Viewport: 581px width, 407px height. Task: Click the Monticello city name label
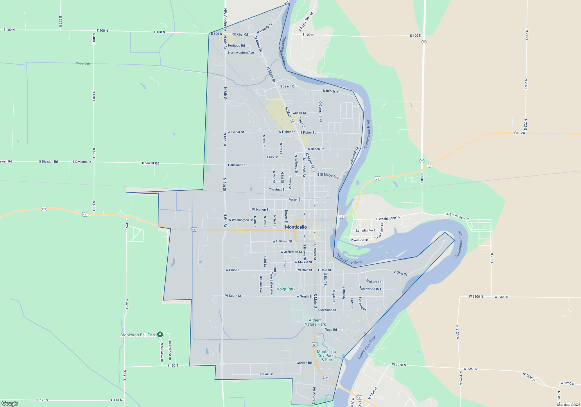296,227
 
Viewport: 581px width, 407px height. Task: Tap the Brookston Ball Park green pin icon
160,335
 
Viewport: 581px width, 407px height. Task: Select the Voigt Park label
286,289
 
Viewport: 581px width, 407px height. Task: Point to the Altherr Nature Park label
315,322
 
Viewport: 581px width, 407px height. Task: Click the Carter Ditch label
83,63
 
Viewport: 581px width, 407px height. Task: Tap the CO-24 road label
519,133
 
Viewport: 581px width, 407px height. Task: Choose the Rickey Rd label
240,34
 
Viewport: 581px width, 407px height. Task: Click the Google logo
10,403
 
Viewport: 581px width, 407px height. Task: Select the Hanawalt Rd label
150,163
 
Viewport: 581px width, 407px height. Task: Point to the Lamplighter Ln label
367,231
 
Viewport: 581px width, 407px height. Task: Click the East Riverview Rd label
457,216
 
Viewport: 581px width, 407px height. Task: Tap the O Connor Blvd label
320,111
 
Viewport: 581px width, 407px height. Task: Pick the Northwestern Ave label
241,53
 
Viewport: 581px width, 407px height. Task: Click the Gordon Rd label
304,363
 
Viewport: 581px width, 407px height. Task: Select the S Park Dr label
266,374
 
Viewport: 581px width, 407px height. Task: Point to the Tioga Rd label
331,330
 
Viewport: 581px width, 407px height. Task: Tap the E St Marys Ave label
328,176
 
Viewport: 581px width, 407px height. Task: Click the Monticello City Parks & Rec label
327,356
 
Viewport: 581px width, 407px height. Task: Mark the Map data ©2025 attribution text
569,405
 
